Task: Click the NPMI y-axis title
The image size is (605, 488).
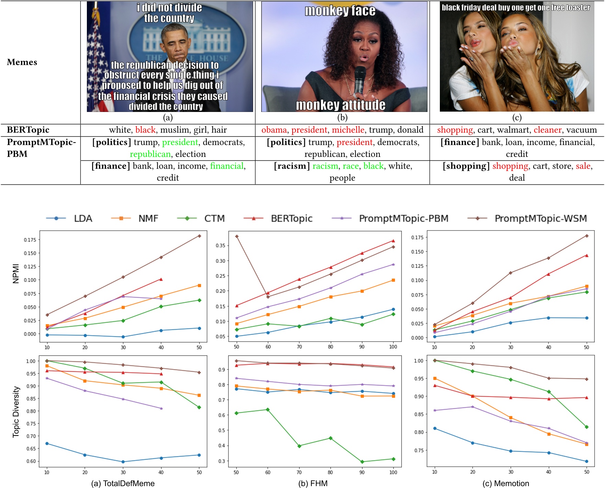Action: pos(16,273)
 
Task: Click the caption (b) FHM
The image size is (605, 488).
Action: pos(313,483)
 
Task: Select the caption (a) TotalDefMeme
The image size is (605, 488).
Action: pos(123,483)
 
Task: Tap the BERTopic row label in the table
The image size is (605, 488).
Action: pos(28,130)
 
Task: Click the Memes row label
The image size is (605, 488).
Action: pos(22,62)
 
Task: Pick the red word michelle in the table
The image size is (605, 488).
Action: pos(348,130)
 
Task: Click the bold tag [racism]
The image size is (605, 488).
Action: pos(292,166)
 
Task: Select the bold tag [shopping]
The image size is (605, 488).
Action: pos(466,166)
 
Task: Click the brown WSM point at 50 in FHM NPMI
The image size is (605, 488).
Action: pos(237,236)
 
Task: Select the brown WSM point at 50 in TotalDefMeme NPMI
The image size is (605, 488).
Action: pos(199,236)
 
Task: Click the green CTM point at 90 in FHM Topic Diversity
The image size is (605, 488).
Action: pos(362,462)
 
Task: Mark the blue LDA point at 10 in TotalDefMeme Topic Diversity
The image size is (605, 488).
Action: pos(47,443)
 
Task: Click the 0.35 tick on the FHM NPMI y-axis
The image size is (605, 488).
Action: pos(220,246)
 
